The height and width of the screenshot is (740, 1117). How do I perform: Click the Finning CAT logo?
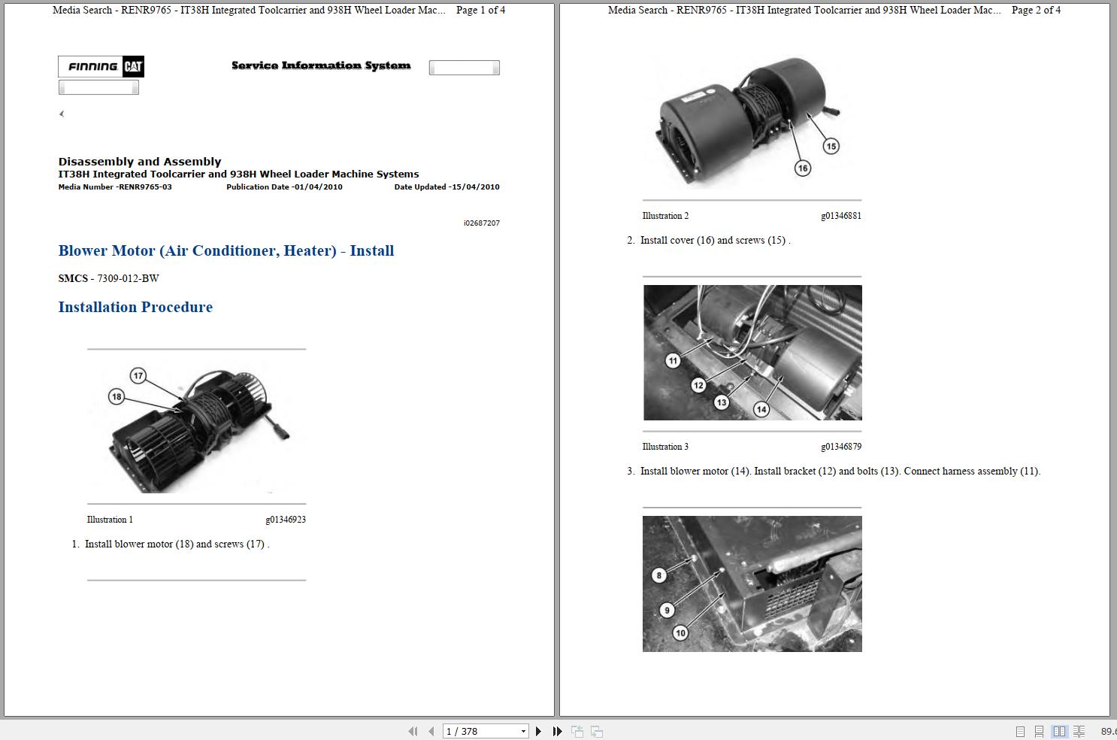click(x=101, y=67)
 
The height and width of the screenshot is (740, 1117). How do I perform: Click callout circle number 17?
click(x=138, y=375)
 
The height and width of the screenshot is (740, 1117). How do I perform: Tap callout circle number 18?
click(x=116, y=396)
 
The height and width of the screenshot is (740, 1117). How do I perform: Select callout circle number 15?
click(x=831, y=146)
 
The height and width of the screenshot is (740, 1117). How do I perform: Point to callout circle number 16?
click(x=803, y=168)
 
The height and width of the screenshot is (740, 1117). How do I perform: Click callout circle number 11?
click(x=673, y=360)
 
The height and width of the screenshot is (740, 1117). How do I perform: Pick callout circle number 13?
click(x=722, y=402)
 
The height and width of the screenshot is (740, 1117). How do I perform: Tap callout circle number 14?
click(x=761, y=409)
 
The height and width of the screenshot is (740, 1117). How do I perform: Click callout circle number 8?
click(x=659, y=575)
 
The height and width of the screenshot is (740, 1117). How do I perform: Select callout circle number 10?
click(x=680, y=632)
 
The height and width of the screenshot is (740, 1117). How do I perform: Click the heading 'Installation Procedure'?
click(x=135, y=307)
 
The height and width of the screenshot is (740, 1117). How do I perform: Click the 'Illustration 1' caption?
click(x=110, y=520)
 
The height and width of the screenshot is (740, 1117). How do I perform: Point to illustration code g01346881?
click(x=840, y=216)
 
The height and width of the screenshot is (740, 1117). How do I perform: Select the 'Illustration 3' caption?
click(x=665, y=447)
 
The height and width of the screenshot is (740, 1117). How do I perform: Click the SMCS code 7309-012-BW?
click(x=128, y=278)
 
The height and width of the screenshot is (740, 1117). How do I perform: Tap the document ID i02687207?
click(x=481, y=223)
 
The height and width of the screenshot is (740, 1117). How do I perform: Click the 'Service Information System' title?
click(x=321, y=66)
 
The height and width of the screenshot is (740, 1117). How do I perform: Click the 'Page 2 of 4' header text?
click(x=1036, y=11)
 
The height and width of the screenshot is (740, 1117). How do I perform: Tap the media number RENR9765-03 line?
click(x=115, y=187)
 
